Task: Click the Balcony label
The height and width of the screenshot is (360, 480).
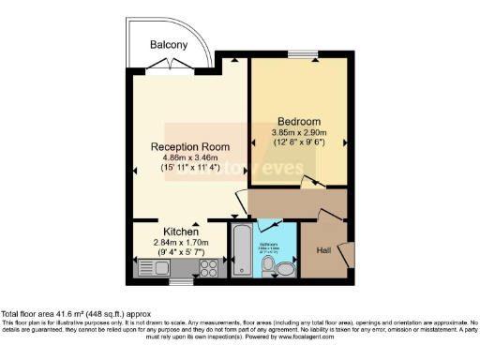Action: [x=170, y=44]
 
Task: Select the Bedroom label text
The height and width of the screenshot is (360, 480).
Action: [x=299, y=122]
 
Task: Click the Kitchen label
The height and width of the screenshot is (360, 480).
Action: [x=180, y=232]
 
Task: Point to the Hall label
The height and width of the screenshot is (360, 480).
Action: [x=323, y=250]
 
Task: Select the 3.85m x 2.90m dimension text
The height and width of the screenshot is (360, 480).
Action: [x=299, y=133]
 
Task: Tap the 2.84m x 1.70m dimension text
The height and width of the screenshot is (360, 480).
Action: [x=180, y=242]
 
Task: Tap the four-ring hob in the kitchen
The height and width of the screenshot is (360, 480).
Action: [x=207, y=268]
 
